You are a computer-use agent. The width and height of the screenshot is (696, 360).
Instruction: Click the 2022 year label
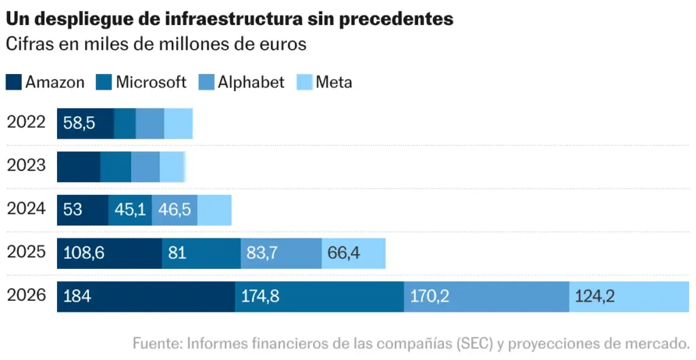click(x=27, y=122)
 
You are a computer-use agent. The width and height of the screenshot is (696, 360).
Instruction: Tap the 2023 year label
click(x=27, y=165)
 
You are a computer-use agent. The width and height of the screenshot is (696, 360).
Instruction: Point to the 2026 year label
click(x=27, y=295)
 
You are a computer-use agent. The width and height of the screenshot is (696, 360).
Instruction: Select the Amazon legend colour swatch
click(x=14, y=82)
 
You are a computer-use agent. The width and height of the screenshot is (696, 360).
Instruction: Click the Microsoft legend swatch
click(x=104, y=82)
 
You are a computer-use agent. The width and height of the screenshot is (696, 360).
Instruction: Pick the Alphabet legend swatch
click(x=207, y=82)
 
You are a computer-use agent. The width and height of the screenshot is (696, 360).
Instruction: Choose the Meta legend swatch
click(x=304, y=82)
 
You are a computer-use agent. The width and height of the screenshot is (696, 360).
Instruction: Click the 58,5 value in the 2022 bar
click(x=79, y=123)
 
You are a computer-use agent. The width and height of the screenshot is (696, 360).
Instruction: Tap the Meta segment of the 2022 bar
click(x=179, y=123)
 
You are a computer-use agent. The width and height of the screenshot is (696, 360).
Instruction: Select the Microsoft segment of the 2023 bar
click(x=116, y=166)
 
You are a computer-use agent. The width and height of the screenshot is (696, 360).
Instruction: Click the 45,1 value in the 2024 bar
click(x=130, y=210)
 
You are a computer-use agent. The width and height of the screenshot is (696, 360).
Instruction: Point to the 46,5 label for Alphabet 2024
click(x=175, y=210)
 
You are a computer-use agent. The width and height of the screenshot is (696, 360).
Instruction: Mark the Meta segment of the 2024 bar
click(x=214, y=210)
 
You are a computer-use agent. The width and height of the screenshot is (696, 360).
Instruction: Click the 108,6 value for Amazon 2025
click(x=84, y=253)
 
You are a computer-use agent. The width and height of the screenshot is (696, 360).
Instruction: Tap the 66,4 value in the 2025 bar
click(x=343, y=253)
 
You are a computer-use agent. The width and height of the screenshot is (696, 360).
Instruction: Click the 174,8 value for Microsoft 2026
click(x=260, y=296)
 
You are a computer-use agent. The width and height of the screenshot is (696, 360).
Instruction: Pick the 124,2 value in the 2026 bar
click(x=595, y=296)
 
